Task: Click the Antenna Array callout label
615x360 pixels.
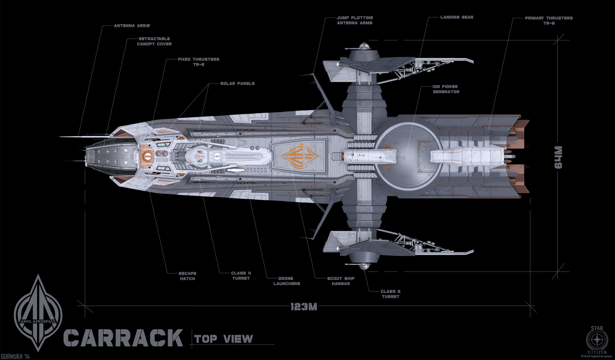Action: click(132, 26)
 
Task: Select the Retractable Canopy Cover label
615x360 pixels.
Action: click(154, 41)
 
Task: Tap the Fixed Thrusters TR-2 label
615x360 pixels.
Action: click(198, 62)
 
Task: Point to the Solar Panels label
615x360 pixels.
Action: click(237, 83)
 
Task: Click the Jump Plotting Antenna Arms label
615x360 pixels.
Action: click(354, 20)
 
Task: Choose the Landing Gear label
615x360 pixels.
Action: click(457, 17)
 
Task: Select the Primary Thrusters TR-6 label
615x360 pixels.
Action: click(549, 21)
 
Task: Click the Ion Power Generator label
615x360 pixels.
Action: click(446, 89)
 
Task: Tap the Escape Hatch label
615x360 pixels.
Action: click(188, 276)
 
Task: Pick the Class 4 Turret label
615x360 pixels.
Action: click(241, 275)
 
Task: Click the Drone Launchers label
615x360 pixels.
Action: click(286, 281)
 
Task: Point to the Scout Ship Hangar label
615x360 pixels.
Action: click(341, 281)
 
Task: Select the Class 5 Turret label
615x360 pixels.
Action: click(391, 294)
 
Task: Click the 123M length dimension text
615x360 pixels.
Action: click(304, 307)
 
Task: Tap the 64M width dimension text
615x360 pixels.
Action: click(558, 157)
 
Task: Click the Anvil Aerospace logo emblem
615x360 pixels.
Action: click(38, 313)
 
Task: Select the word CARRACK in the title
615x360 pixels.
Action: click(123, 338)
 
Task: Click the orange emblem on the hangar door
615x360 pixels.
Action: click(300, 156)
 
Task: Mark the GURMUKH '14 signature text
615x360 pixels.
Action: click(15, 357)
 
